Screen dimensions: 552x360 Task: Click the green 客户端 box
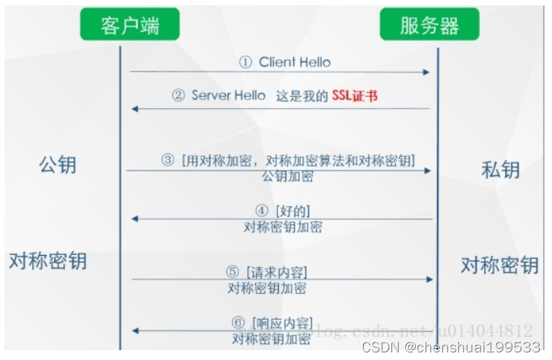pyautogui.click(x=130, y=27)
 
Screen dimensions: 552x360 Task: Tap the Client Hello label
pyautogui.click(x=295, y=62)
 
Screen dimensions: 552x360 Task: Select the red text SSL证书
pyautogui.click(x=355, y=96)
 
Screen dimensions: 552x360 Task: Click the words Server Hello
pyautogui.click(x=228, y=96)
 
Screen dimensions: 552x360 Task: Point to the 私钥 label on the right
pyautogui.click(x=500, y=169)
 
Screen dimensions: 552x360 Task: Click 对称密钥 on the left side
pyautogui.click(x=48, y=261)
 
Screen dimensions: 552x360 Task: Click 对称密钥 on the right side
pyautogui.click(x=499, y=266)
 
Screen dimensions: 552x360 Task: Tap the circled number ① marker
pyautogui.click(x=245, y=62)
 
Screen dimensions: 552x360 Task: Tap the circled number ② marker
pyautogui.click(x=178, y=96)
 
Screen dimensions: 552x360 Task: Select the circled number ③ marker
pyautogui.click(x=168, y=160)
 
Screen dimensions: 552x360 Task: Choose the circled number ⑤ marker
pyautogui.click(x=232, y=272)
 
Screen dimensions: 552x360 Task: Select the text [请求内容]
pyautogui.click(x=276, y=272)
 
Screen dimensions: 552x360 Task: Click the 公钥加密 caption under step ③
pyautogui.click(x=287, y=177)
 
